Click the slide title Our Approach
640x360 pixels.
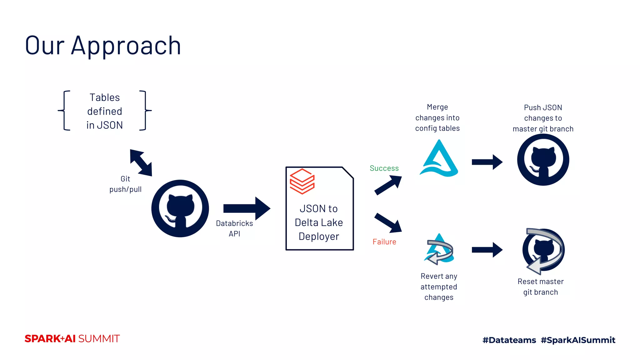pos(103,46)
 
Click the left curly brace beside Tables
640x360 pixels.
pos(64,110)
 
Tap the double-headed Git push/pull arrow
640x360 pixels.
pos(141,162)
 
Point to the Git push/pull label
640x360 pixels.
pos(125,184)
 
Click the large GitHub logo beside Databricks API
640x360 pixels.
pos(180,208)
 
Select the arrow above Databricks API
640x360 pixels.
pos(247,208)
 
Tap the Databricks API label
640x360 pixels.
pos(234,228)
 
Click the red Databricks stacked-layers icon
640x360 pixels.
pos(302,181)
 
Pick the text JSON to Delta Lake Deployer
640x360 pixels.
pos(319,222)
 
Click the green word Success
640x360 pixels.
pos(384,168)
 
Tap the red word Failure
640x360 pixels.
pos(384,242)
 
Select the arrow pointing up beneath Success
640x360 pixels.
pos(388,185)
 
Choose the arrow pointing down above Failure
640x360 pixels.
pos(388,223)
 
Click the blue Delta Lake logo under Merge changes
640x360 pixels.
pos(439,159)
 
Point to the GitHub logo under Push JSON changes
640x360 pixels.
pos(543,160)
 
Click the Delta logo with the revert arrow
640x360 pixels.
pos(439,249)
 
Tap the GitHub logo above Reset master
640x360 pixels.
pos(544,250)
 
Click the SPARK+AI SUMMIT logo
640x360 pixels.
pos(72,339)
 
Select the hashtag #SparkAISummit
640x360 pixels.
pos(578,340)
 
